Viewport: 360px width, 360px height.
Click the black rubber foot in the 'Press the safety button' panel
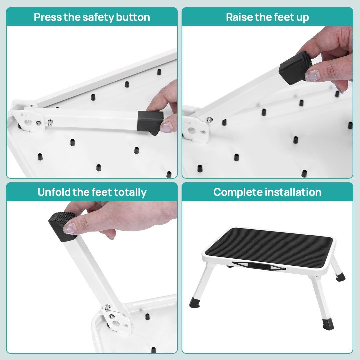151,123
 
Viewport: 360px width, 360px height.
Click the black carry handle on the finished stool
254,265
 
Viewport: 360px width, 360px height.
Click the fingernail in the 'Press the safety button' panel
167,127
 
